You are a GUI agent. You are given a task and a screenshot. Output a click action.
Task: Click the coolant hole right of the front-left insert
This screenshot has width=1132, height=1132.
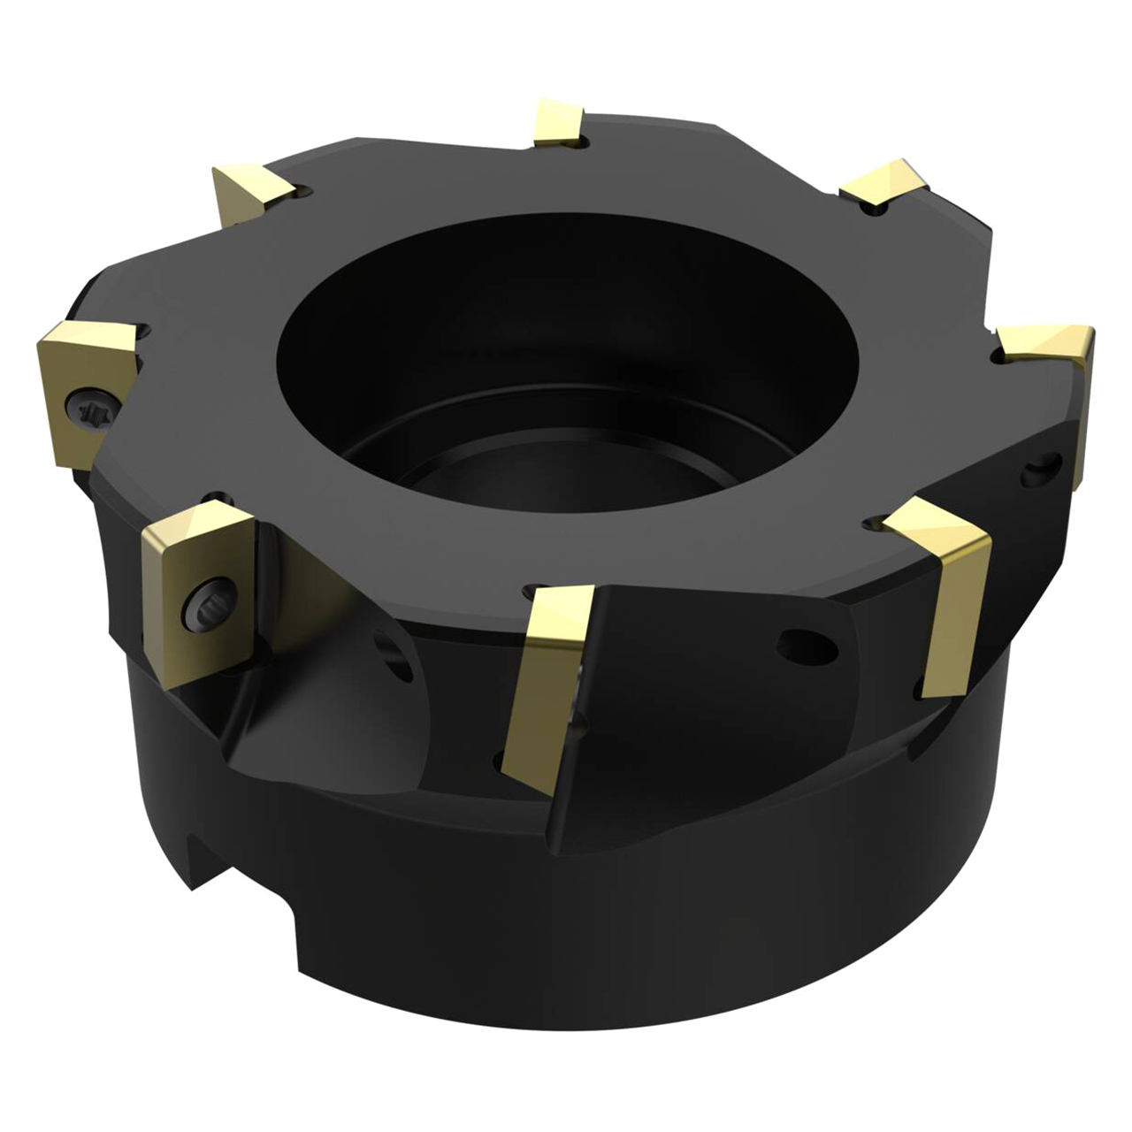(x=389, y=650)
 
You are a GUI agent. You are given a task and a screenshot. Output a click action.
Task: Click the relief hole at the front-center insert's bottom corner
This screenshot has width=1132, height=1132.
(x=501, y=759)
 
